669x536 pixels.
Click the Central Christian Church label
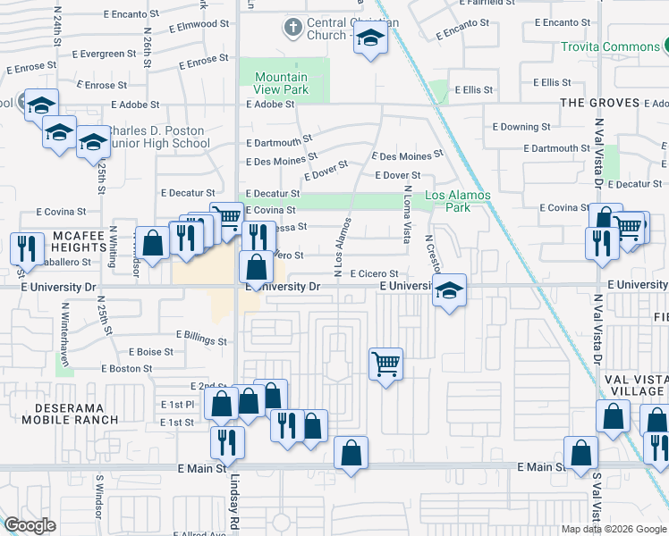326,29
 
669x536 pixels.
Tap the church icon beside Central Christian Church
292,27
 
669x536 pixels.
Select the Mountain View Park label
281,83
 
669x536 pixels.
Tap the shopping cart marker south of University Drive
385,364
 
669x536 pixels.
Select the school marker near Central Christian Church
368,38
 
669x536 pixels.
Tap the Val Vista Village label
636,384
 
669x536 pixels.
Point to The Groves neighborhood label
598,103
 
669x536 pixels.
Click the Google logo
30,525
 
